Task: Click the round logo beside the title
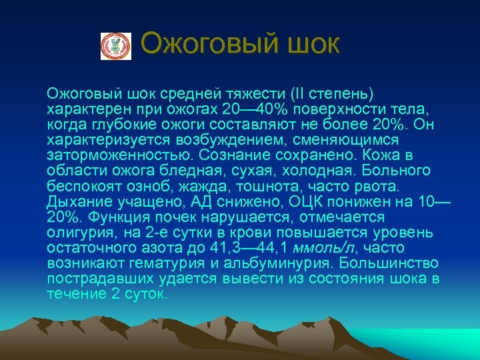[116, 46]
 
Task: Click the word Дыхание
[78, 201]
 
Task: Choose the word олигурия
[79, 233]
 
